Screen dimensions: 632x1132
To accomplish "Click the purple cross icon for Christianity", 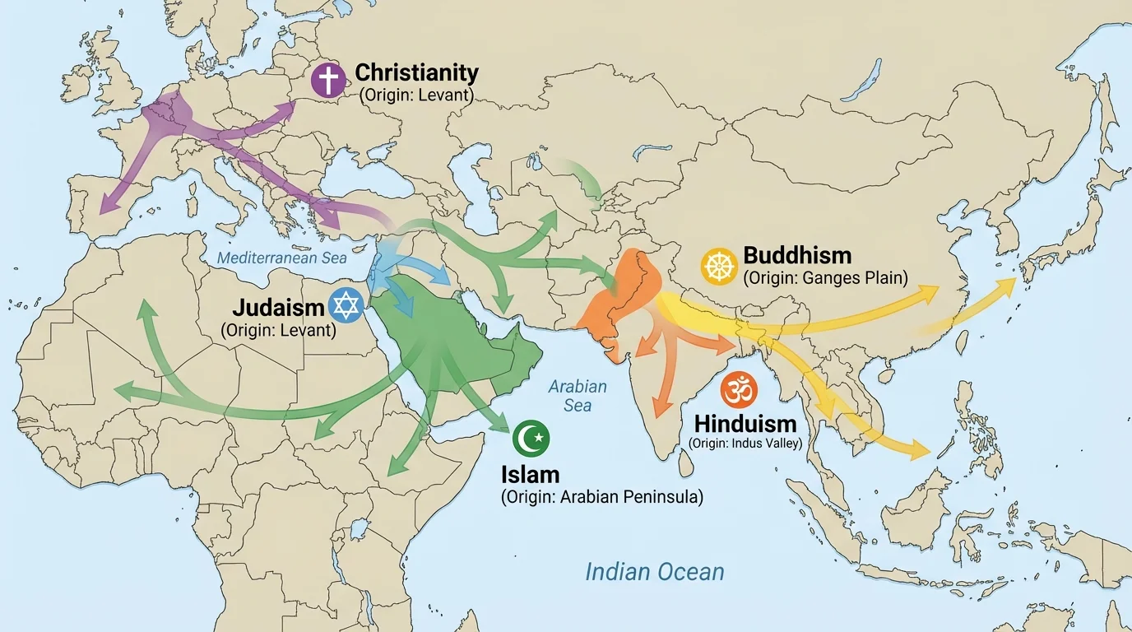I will (328, 81).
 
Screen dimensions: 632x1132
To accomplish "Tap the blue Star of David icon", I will (346, 305).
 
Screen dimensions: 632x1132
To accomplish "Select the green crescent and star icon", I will (531, 439).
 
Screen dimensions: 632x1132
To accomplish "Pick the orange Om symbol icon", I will (737, 389).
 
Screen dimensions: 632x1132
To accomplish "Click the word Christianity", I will (416, 72).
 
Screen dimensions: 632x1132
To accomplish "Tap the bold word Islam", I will (530, 475).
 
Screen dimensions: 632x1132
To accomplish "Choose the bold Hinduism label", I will (745, 424).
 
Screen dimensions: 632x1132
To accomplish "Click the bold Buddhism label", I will (797, 254).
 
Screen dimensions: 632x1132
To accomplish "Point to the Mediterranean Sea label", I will (282, 258).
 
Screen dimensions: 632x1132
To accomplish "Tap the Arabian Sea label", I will (578, 396).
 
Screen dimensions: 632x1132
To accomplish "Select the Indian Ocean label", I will (654, 571).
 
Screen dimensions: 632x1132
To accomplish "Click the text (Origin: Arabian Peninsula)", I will (601, 497).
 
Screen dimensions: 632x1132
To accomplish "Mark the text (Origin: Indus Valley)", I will (745, 444).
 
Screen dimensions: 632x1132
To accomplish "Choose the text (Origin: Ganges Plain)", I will (825, 278).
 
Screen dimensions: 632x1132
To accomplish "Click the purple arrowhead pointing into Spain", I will (105, 207).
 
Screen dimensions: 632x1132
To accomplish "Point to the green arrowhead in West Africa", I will (123, 388).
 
